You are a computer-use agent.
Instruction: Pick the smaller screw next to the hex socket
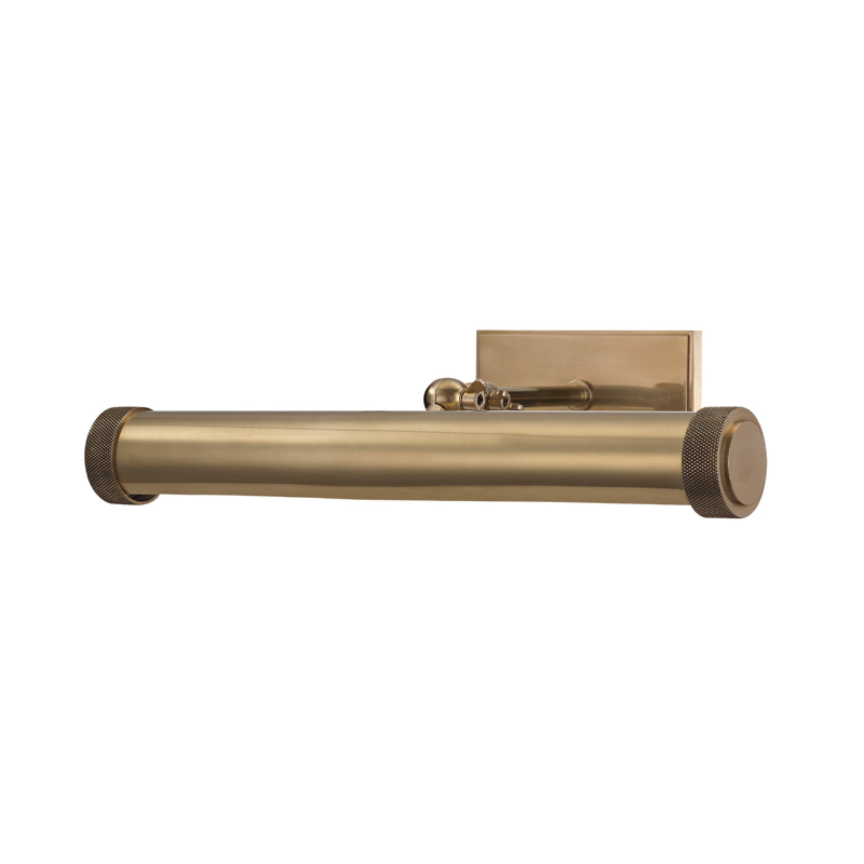505,401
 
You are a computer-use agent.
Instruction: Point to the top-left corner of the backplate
478,332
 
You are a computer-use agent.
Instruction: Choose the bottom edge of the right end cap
724,516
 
